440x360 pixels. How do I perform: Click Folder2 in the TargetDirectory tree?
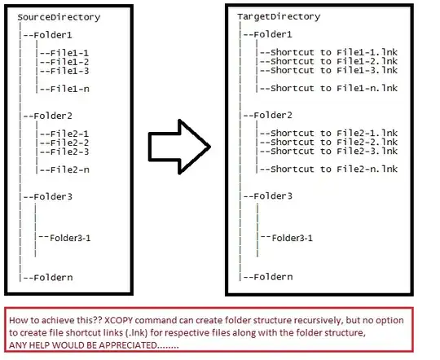click(x=274, y=116)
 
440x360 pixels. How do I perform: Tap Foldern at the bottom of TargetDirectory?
click(x=274, y=277)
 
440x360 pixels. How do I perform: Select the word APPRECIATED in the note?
click(x=147, y=345)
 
